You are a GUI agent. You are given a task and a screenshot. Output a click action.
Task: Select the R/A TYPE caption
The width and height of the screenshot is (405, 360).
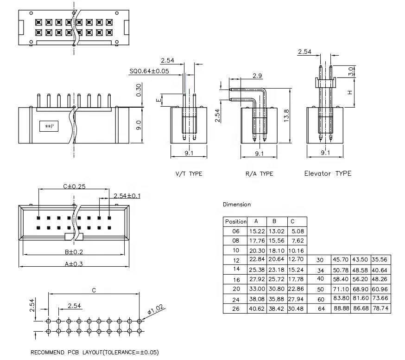[x=259, y=174]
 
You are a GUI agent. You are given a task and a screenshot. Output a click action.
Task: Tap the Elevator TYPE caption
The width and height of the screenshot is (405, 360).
[x=328, y=174]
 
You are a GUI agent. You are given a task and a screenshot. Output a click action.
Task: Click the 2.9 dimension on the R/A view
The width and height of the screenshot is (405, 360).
[x=259, y=75]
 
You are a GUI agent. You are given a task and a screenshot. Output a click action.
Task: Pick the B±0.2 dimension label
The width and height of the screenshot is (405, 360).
[x=74, y=252]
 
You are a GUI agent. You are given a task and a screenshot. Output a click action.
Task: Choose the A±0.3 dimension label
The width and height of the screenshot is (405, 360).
[x=74, y=264]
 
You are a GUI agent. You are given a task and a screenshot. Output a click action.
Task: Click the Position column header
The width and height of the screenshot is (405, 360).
[x=235, y=221]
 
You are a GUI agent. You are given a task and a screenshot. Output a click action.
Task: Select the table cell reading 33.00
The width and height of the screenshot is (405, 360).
[x=257, y=289]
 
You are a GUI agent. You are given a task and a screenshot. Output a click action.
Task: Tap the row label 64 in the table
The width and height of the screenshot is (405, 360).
[x=320, y=309]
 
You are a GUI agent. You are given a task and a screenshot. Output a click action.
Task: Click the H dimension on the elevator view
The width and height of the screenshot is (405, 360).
[x=350, y=92]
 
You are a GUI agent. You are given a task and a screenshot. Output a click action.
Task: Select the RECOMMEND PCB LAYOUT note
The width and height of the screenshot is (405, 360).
[x=95, y=352]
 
